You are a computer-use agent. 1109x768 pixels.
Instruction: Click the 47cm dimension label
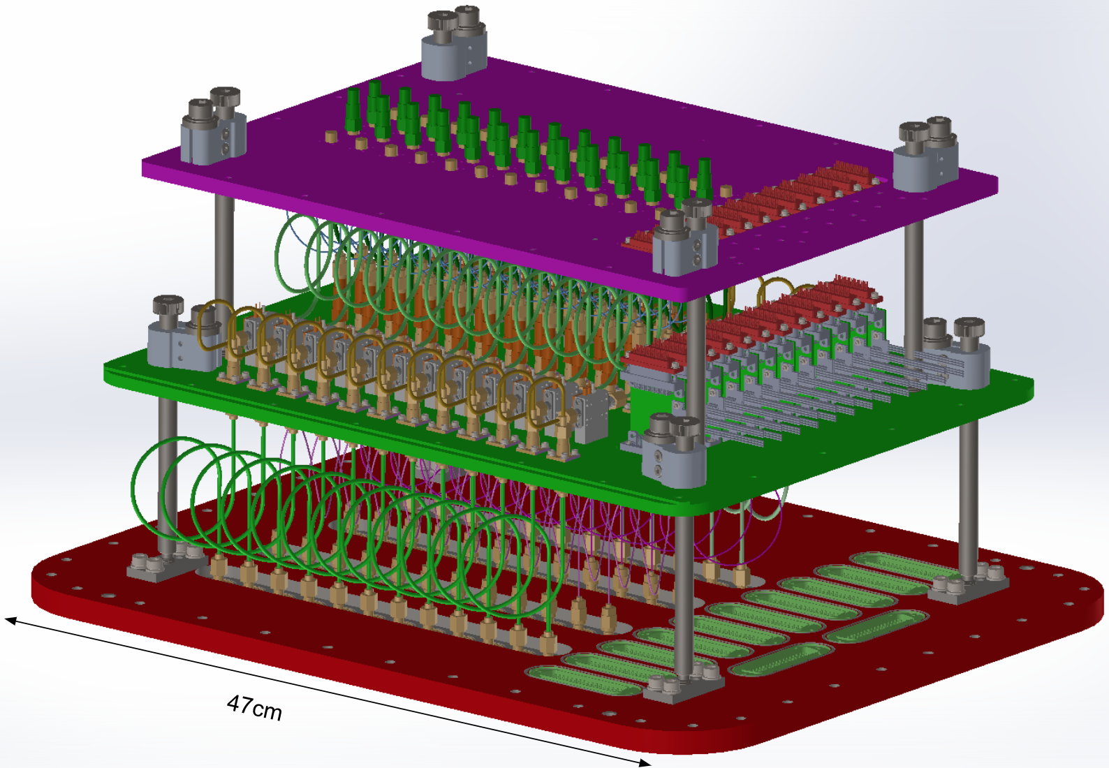coord(254,708)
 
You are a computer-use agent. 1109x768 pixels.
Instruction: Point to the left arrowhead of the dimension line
coord(11,620)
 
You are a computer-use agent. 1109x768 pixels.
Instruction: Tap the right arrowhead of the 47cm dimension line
coord(644,762)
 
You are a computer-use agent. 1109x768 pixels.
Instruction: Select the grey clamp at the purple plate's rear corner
coord(453,43)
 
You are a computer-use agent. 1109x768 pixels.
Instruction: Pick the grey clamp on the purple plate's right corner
coord(926,154)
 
